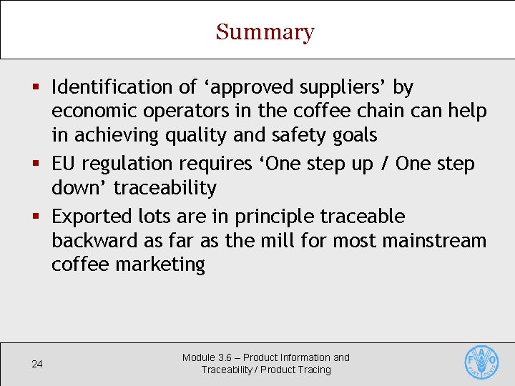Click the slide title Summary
point(265,32)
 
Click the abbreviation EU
point(64,164)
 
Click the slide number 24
point(37,365)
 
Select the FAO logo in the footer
point(481,362)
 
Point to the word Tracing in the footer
point(315,370)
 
